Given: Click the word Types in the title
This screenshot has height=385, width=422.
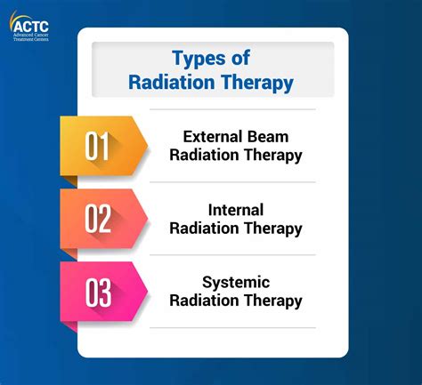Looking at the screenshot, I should (x=196, y=59).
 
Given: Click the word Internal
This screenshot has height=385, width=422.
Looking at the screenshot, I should (x=236, y=210).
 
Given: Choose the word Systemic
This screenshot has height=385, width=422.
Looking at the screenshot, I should (x=236, y=282).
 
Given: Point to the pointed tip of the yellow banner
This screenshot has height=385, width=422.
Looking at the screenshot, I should (x=147, y=145).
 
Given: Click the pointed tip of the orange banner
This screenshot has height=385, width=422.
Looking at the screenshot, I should (x=147, y=217).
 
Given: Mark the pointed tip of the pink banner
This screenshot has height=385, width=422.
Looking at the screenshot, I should (x=147, y=291).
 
